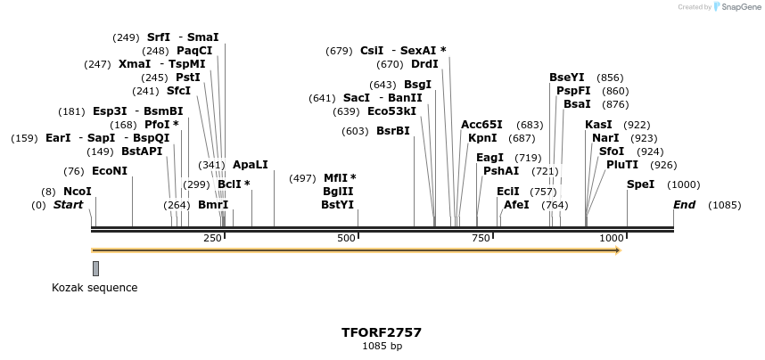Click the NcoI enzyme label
77,192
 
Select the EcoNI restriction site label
110,171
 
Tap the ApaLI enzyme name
250,165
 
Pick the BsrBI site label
392,131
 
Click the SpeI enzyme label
640,184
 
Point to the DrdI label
424,64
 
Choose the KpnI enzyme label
482,138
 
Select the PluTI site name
622,165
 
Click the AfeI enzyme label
516,205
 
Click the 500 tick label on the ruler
346,238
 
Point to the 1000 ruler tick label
612,238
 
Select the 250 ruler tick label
212,238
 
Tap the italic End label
684,205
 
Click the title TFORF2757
382,332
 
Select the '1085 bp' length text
382,346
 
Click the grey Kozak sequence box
95,268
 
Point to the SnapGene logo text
738,7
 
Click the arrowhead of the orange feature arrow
616,250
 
